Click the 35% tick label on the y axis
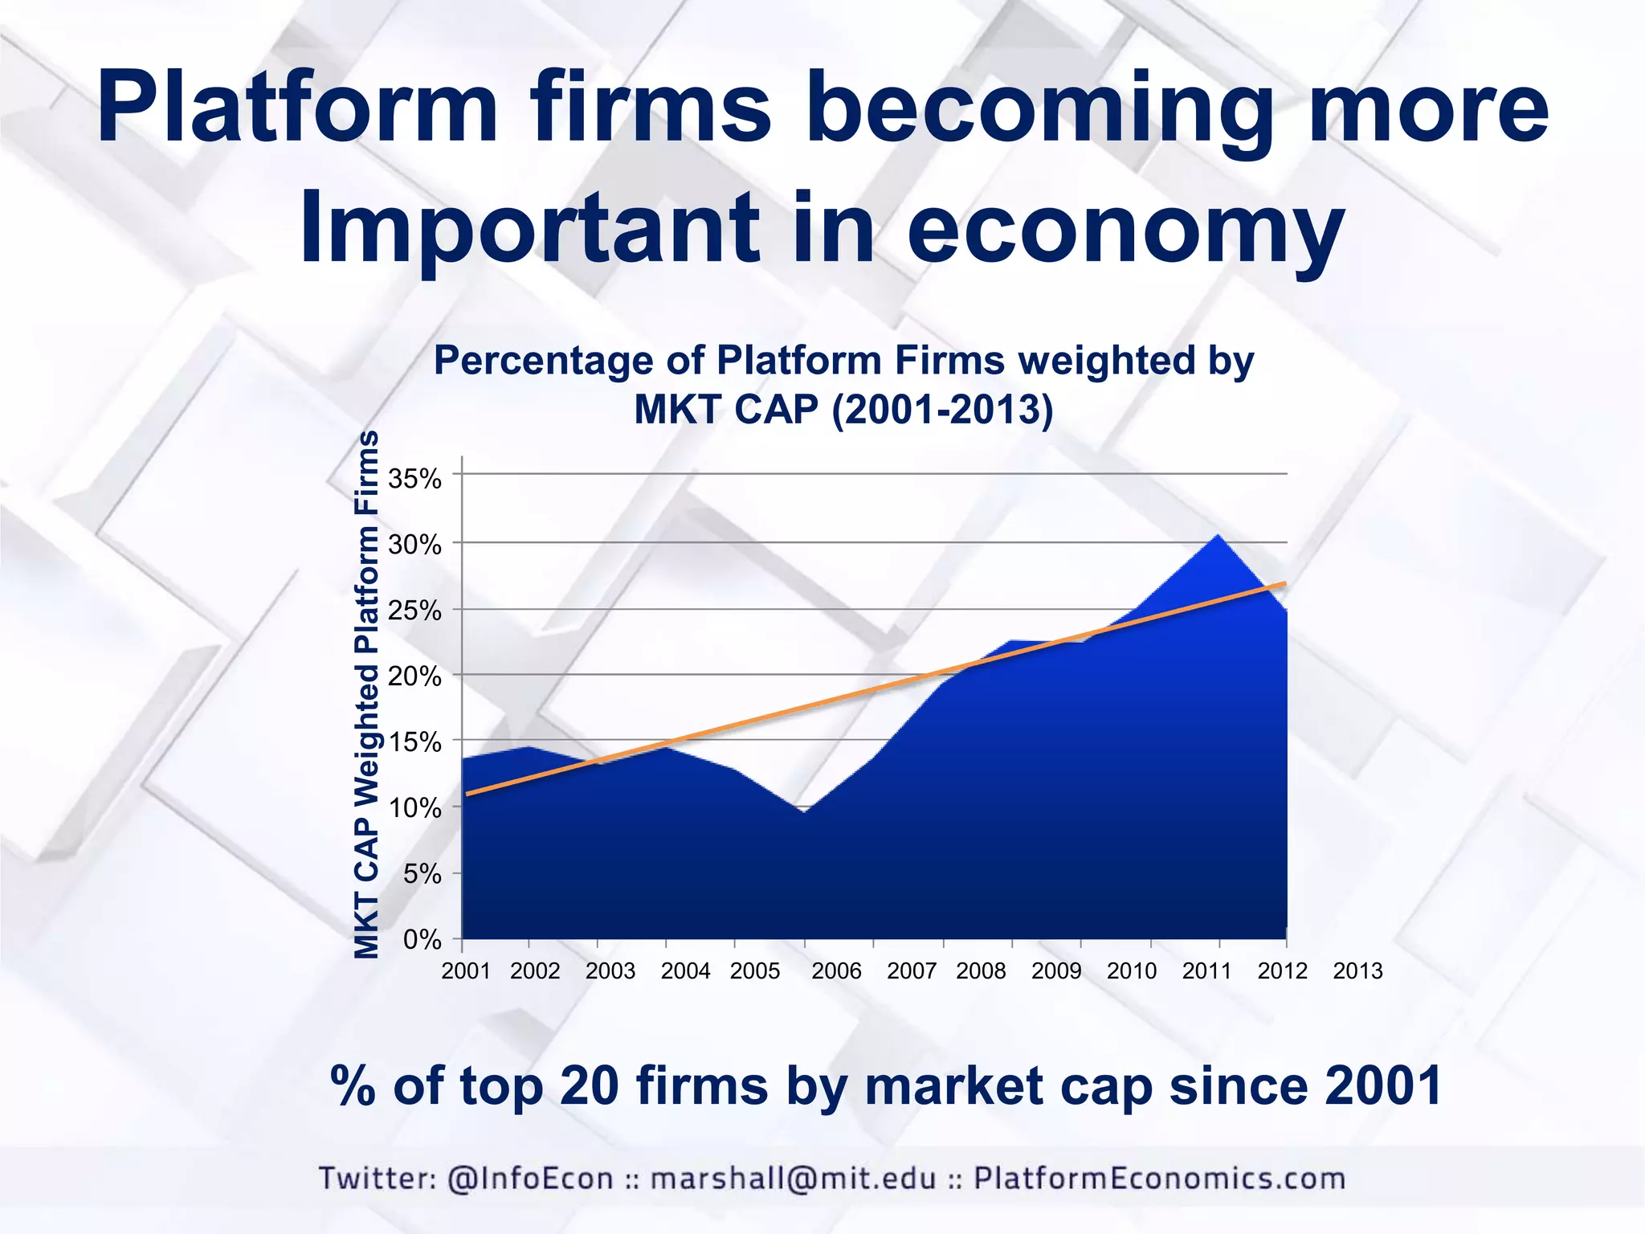(414, 480)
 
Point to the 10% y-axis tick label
(414, 809)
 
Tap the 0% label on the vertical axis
(422, 940)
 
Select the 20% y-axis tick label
(414, 677)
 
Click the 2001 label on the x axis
(466, 971)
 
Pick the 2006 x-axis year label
(836, 971)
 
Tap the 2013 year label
(1357, 971)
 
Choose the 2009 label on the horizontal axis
(1056, 971)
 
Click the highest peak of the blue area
(1218, 535)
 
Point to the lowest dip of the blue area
(803, 811)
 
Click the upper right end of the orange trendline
(1284, 584)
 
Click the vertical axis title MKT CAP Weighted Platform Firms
(367, 695)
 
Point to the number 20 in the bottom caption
(588, 1086)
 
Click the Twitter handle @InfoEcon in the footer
(530, 1179)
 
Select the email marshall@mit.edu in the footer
(793, 1179)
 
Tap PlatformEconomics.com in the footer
(1159, 1179)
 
